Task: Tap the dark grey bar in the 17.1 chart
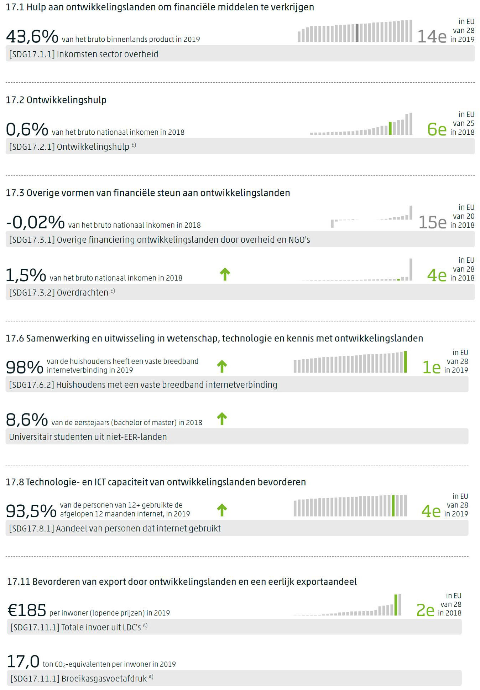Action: point(357,33)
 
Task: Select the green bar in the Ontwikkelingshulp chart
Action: point(390,128)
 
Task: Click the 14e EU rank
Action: point(432,36)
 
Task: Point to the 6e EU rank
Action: point(437,129)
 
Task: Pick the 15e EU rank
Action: point(432,222)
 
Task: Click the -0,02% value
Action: point(35,222)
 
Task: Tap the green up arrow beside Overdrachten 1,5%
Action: point(225,274)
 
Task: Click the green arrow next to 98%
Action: point(222,366)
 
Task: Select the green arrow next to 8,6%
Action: point(222,418)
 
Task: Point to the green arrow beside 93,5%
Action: point(222,510)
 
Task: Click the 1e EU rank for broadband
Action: point(431,367)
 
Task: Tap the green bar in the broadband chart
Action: point(405,362)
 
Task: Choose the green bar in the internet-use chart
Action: point(393,505)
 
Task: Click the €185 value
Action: point(27,610)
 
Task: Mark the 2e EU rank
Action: point(425,611)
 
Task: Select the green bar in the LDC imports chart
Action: point(396,605)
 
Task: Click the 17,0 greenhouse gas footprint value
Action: point(23,662)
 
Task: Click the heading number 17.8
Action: point(15,482)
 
